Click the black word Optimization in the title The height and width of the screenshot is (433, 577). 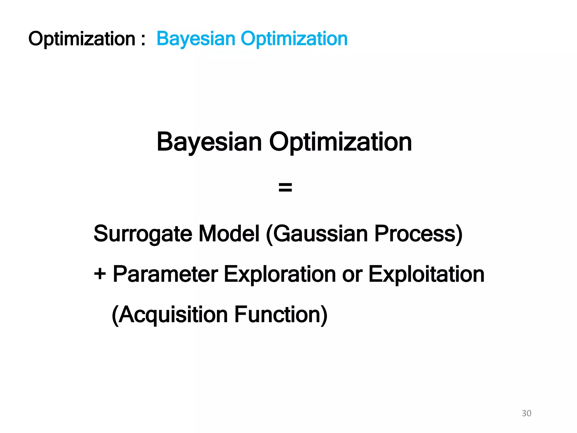[82, 39]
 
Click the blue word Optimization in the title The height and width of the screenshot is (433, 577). [294, 39]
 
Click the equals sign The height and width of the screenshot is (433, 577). [285, 187]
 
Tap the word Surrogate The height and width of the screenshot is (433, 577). [143, 234]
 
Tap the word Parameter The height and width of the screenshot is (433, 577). [165, 274]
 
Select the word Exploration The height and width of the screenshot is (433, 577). [280, 274]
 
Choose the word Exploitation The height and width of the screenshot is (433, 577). [426, 274]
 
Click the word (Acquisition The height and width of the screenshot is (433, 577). [170, 315]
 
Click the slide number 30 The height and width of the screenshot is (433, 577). [526, 413]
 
